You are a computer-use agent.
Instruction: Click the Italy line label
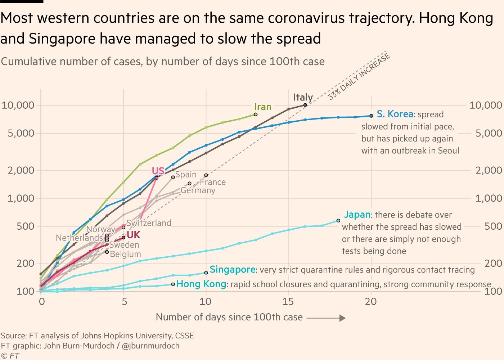pos(303,97)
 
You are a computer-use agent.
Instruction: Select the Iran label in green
pos(263,107)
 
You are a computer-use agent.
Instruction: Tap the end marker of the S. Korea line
pos(371,116)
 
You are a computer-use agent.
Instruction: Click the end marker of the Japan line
pos(338,220)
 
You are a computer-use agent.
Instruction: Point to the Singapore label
pos(233,270)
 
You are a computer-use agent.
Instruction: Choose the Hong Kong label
pos(201,284)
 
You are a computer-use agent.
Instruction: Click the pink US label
pos(158,171)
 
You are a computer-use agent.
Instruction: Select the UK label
pos(133,235)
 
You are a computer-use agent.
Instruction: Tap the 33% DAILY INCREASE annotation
pos(359,76)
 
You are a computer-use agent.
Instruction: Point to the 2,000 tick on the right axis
pos(488,170)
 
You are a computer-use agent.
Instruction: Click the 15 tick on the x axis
pos(288,301)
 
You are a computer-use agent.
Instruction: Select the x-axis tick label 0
pos(42,301)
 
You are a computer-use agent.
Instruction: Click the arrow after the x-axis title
pos(326,318)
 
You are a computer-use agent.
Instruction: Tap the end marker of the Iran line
pos(256,114)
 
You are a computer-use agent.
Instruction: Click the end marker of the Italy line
pos(305,105)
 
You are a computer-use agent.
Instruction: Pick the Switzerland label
pos(149,223)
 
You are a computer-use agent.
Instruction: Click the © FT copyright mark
pos(10,356)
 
